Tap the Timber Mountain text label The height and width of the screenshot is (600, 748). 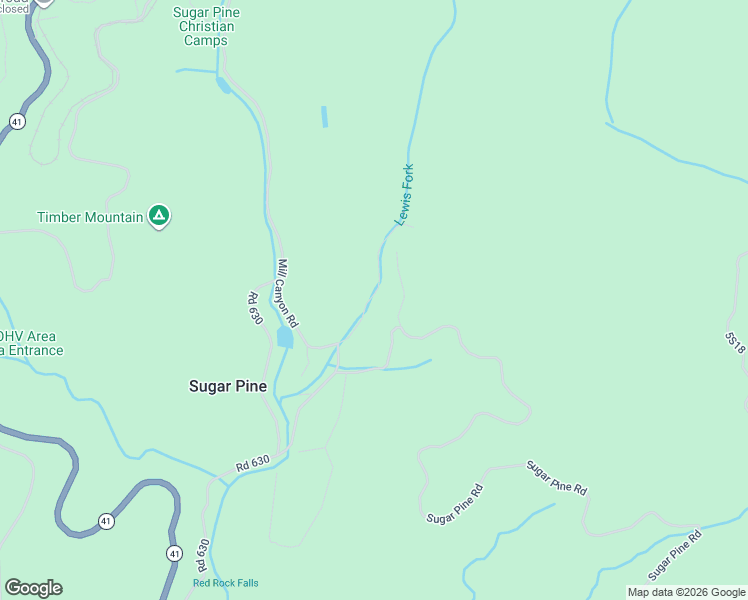[x=90, y=217]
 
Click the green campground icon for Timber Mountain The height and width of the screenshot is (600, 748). [x=158, y=215]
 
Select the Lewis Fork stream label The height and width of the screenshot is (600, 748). [x=405, y=195]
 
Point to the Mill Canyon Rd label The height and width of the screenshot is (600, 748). [x=288, y=294]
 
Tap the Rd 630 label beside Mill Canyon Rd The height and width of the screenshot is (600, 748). [x=255, y=308]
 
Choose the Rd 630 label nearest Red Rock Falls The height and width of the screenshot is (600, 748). [x=203, y=558]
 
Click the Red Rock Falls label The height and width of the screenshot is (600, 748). [x=226, y=583]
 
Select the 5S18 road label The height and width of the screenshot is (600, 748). [x=735, y=341]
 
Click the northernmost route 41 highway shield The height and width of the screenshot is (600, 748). [x=17, y=121]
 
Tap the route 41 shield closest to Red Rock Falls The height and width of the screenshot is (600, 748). [x=174, y=553]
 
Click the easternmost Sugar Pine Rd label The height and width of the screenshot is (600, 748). [x=674, y=555]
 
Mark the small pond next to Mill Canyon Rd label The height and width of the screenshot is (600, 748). [x=285, y=338]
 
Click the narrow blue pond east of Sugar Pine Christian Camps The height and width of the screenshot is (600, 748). [x=324, y=116]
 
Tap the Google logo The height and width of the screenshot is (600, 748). [x=33, y=588]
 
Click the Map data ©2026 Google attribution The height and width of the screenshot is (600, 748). [x=686, y=592]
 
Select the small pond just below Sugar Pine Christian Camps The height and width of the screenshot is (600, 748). [x=223, y=85]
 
